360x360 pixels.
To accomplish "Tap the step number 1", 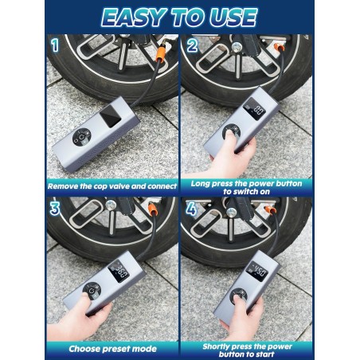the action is (x=55, y=45).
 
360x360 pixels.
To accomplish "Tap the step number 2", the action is (x=192, y=45).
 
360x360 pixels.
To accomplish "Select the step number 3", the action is (x=55, y=209).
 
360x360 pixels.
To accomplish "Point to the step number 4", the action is (x=191, y=209).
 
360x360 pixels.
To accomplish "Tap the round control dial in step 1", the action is (x=81, y=137).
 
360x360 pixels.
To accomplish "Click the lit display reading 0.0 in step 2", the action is (x=253, y=108).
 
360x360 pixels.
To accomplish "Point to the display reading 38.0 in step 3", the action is (x=119, y=271).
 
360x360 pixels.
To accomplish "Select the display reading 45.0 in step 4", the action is (x=256, y=271).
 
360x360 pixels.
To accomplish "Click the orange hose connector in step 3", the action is (x=153, y=209).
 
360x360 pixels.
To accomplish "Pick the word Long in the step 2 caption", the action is (x=199, y=184).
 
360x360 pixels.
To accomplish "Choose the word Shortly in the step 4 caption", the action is (x=215, y=346).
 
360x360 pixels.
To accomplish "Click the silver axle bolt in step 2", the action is (x=237, y=47).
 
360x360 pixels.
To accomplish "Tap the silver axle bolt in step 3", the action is (x=111, y=205).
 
